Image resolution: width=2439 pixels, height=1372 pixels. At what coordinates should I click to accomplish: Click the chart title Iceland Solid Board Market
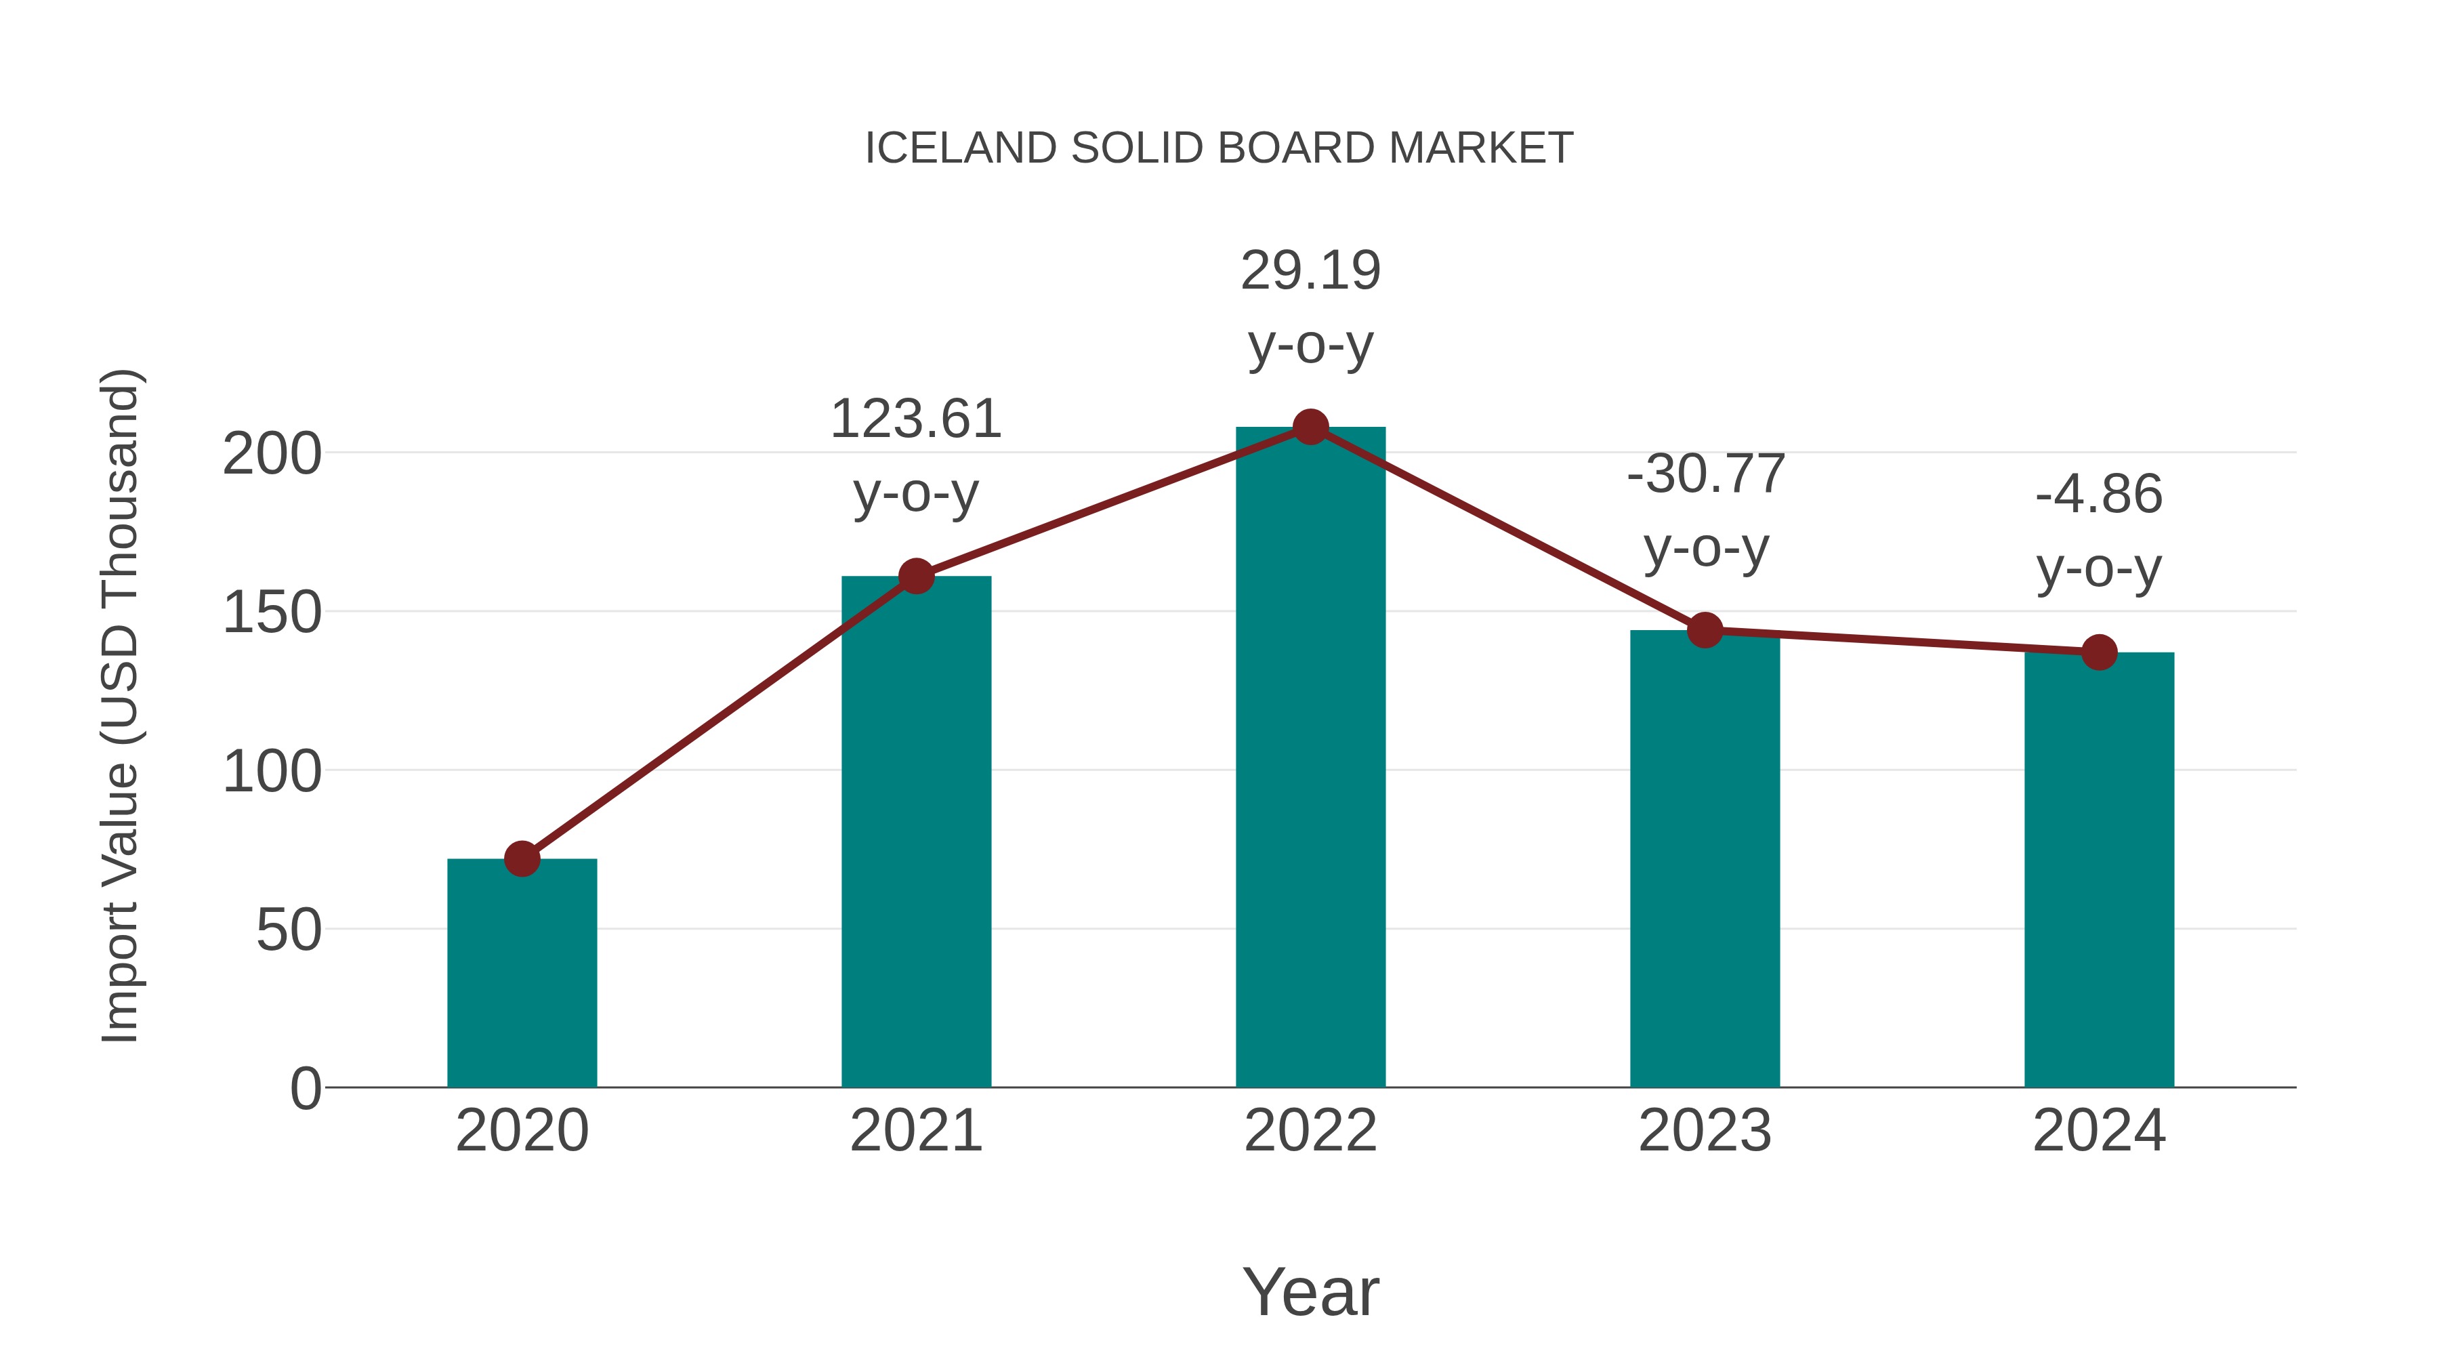(x=1219, y=148)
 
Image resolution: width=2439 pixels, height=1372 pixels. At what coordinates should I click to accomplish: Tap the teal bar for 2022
(x=1310, y=757)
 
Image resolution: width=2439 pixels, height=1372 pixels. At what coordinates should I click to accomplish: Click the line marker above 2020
(x=522, y=859)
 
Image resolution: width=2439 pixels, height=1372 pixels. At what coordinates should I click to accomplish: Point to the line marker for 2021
(x=915, y=576)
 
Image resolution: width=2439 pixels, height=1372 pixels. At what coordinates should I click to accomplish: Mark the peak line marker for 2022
(x=1310, y=427)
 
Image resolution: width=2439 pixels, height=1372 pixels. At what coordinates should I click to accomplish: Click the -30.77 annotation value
(x=1705, y=474)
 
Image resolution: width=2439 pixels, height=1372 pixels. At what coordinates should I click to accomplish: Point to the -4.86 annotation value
(x=2099, y=495)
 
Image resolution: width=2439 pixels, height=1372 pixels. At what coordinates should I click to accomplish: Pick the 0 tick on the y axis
(x=305, y=1088)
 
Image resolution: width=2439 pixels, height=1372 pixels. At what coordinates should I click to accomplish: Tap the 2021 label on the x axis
(x=915, y=1131)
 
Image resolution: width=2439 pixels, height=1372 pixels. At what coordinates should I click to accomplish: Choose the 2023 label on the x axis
(x=1705, y=1131)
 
